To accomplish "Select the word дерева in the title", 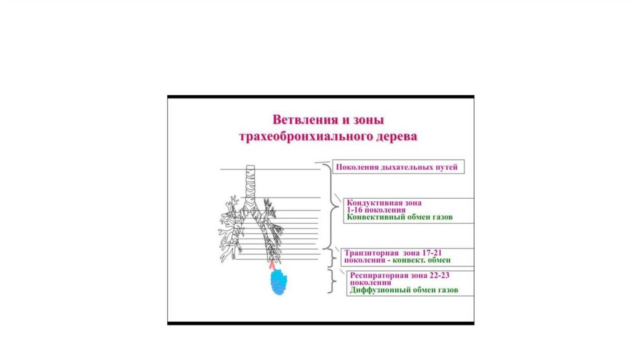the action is [x=392, y=135].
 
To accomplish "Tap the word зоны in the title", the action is [x=364, y=119].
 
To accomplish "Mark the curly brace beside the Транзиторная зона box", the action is [x=332, y=257].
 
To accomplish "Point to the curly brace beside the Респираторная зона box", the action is [x=331, y=282].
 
